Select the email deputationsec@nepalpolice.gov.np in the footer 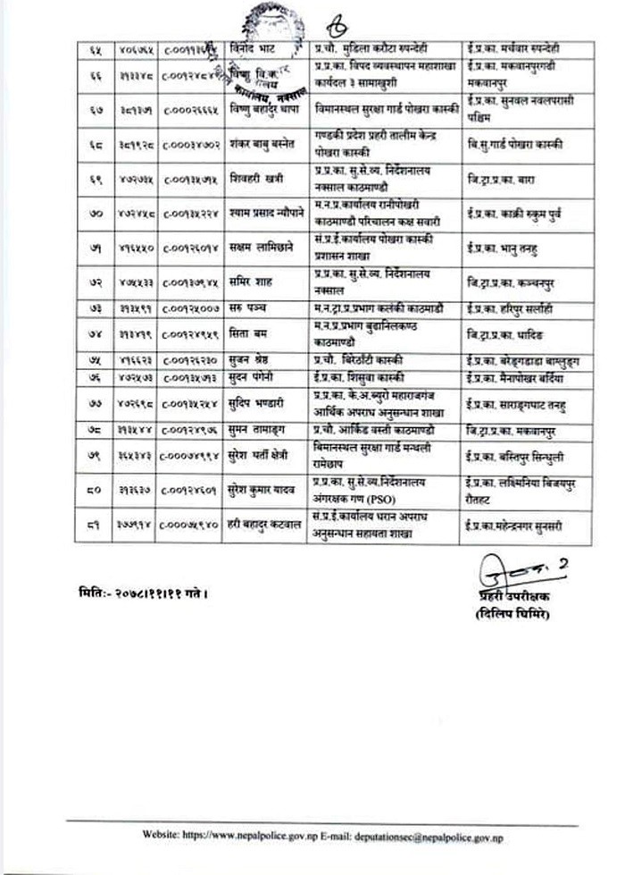[440, 836]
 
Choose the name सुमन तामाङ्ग [254, 430]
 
